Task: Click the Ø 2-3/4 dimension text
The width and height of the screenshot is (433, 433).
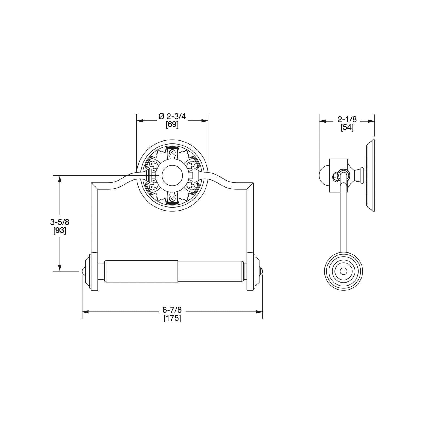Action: click(x=172, y=117)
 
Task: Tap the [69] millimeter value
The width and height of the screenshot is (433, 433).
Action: click(x=172, y=125)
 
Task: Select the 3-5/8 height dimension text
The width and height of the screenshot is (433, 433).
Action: click(x=60, y=222)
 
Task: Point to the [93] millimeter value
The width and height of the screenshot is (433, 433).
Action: click(x=60, y=231)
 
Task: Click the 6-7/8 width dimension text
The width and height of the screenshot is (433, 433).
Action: click(x=172, y=310)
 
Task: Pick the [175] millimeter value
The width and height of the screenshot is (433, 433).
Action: click(x=172, y=318)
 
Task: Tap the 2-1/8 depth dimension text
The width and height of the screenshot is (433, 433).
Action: click(x=347, y=119)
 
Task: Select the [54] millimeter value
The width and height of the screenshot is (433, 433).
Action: click(x=347, y=127)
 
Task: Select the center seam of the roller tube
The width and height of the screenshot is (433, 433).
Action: click(x=178, y=271)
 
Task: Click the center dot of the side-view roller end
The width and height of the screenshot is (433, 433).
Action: click(x=343, y=271)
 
